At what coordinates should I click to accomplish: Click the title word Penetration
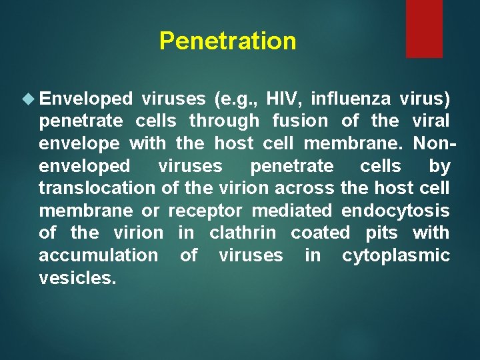[227, 41]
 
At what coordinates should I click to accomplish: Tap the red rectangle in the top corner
[424, 28]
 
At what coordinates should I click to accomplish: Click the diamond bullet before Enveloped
[27, 99]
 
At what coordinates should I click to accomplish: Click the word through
[224, 121]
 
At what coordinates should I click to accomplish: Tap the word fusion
[300, 121]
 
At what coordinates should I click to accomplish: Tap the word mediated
[291, 211]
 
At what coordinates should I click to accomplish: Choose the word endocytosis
[395, 211]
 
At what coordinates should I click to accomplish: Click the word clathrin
[242, 233]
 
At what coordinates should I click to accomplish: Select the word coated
[320, 233]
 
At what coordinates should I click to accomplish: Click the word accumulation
[98, 256]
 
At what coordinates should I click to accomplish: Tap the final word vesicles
[77, 278]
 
